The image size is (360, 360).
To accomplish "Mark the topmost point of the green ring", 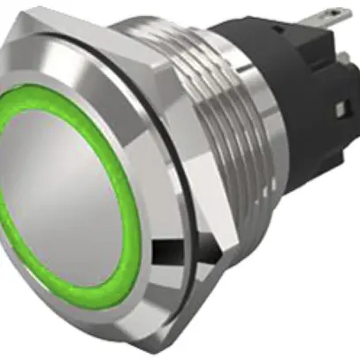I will click(44, 87).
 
